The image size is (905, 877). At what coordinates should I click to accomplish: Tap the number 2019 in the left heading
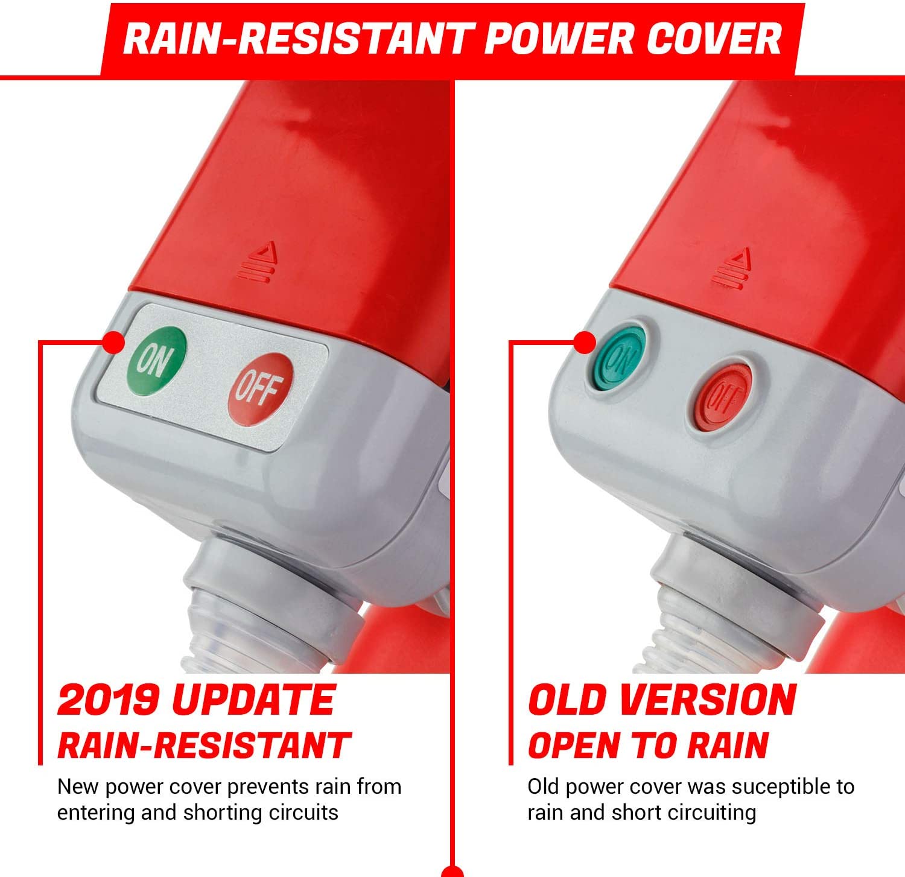pyautogui.click(x=108, y=700)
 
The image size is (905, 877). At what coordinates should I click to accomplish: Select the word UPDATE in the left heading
pyautogui.click(x=253, y=700)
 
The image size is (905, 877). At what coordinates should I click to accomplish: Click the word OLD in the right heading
pyautogui.click(x=567, y=700)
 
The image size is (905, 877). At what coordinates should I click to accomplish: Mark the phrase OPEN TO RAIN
pyautogui.click(x=649, y=745)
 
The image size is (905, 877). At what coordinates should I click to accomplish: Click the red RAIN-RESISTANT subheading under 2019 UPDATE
pyautogui.click(x=204, y=745)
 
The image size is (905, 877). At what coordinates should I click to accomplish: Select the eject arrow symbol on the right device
pyautogui.click(x=734, y=268)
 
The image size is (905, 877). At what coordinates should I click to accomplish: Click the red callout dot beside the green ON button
pyautogui.click(x=113, y=342)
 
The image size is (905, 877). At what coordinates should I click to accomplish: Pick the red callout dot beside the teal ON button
pyautogui.click(x=584, y=343)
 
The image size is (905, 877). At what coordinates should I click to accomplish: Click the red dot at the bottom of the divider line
pyautogui.click(x=453, y=872)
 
